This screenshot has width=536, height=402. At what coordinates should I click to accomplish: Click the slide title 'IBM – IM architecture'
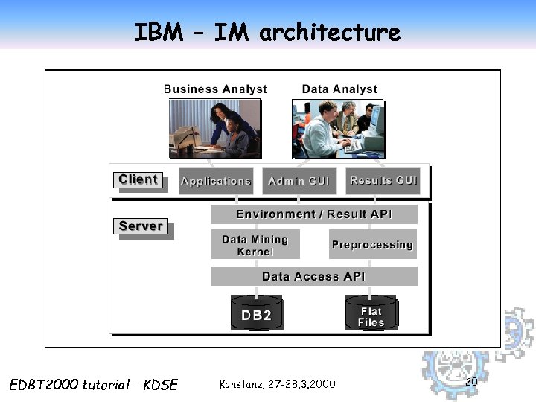[x=267, y=32]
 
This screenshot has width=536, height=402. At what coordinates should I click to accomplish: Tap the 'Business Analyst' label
[x=215, y=89]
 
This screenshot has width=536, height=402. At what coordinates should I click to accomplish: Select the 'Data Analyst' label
[x=339, y=89]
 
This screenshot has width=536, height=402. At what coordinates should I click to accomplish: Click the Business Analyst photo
[x=214, y=127]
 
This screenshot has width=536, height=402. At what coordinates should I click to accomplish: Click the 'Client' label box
[x=138, y=179]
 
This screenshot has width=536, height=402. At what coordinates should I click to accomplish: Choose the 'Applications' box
[x=216, y=181]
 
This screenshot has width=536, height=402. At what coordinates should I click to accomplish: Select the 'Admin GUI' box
[x=299, y=181]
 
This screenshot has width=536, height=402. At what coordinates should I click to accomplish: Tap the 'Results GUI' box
[x=383, y=181]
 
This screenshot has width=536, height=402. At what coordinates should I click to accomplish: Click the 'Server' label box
[x=141, y=226]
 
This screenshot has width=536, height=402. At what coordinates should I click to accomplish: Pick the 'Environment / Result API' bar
[x=313, y=214]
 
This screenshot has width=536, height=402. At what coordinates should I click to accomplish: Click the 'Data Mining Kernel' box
[x=255, y=245]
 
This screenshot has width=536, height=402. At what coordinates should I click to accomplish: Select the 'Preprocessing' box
[x=372, y=244]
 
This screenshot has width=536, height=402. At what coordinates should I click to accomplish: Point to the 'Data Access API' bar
[x=313, y=276]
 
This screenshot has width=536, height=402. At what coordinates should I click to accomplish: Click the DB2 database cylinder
[x=256, y=313]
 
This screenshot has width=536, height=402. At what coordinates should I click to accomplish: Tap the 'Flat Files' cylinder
[x=371, y=313]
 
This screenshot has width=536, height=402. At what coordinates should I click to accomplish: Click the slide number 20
[x=470, y=381]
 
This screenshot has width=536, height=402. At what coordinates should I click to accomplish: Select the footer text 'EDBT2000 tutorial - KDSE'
[x=94, y=384]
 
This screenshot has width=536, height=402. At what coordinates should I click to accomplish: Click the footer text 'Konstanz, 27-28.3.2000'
[x=278, y=384]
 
